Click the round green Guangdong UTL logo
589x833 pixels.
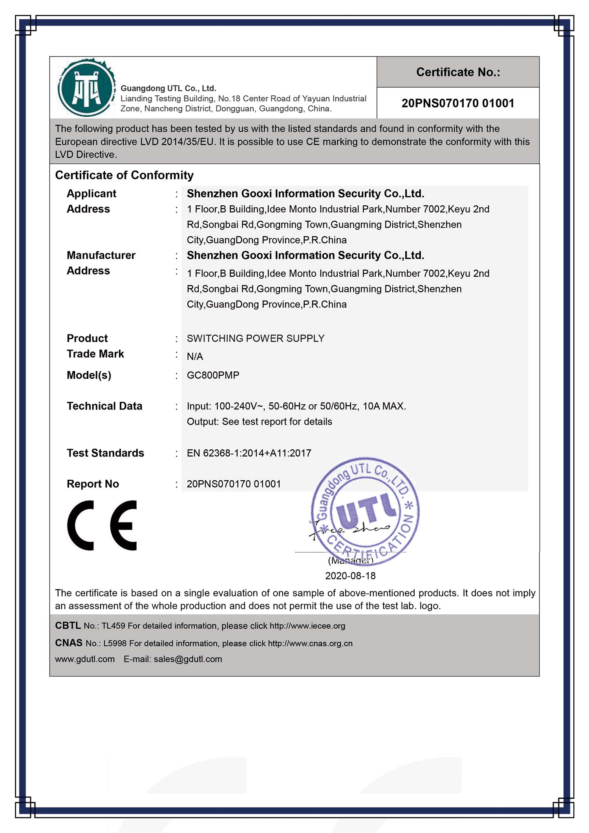[x=86, y=88]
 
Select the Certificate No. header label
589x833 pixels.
[x=458, y=72]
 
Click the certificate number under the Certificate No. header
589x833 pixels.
[x=458, y=103]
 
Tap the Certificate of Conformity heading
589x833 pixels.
[x=124, y=175]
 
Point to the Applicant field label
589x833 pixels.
[x=91, y=194]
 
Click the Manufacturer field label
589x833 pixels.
[x=101, y=255]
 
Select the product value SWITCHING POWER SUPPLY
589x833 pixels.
[x=256, y=338]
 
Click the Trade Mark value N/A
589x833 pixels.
[x=195, y=356]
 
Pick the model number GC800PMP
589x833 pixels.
[x=213, y=375]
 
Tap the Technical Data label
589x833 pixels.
[x=104, y=406]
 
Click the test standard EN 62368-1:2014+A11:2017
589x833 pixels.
[x=249, y=453]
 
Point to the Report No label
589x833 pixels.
[x=93, y=484]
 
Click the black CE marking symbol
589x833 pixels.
[x=102, y=525]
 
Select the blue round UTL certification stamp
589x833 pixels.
[x=365, y=511]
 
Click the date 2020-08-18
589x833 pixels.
[x=350, y=576]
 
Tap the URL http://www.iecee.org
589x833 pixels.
[x=307, y=626]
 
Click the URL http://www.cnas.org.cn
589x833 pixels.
[x=310, y=643]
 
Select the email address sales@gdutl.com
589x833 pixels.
[x=188, y=659]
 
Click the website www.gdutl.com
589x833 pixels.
[x=85, y=659]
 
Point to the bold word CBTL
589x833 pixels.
[x=68, y=625]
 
